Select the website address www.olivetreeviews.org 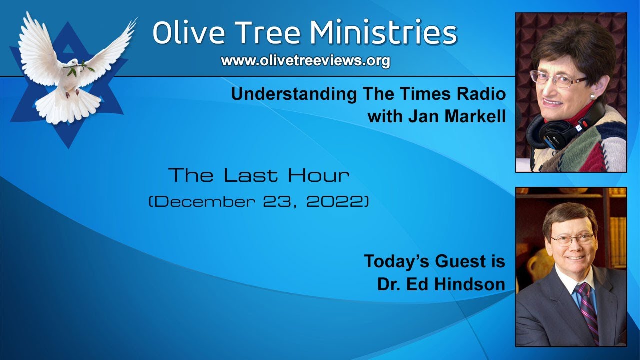click(305, 61)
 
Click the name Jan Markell click(437, 117)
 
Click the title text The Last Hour click(259, 175)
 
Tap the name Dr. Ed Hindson click(440, 284)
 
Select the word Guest click(454, 261)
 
